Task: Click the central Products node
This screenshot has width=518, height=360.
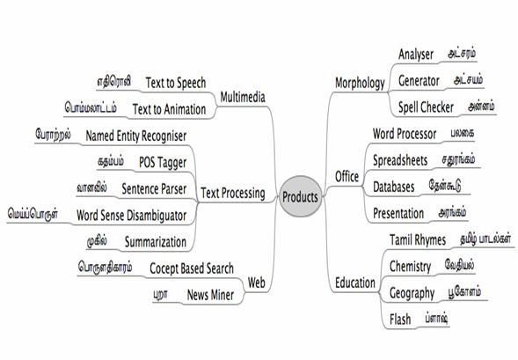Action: pyautogui.click(x=300, y=196)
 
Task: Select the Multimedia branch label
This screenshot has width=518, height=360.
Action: pyautogui.click(x=243, y=97)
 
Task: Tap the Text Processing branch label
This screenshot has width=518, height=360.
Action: pyautogui.click(x=233, y=193)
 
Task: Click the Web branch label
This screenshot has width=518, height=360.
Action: pyautogui.click(x=256, y=283)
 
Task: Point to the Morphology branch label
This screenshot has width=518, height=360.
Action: pyautogui.click(x=360, y=83)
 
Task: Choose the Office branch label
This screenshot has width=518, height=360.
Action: pyautogui.click(x=347, y=176)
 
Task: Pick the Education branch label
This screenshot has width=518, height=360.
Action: pyautogui.click(x=355, y=283)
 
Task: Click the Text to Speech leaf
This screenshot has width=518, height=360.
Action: pyautogui.click(x=176, y=83)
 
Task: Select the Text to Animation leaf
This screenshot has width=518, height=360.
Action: pyautogui.click(x=169, y=109)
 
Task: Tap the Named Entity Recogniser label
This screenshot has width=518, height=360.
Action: pyautogui.click(x=136, y=136)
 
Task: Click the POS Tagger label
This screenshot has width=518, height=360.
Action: pyautogui.click(x=163, y=162)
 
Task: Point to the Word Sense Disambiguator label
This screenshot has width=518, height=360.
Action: pyautogui.click(x=132, y=216)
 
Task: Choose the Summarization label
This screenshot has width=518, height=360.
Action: pyautogui.click(x=156, y=242)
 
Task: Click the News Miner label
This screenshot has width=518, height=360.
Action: pyautogui.click(x=210, y=295)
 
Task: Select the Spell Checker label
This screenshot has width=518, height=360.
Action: pyautogui.click(x=426, y=107)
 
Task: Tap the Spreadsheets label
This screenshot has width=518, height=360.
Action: pyautogui.click(x=400, y=160)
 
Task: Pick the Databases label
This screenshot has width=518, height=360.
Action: pyautogui.click(x=393, y=187)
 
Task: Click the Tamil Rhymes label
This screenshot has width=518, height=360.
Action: pyautogui.click(x=418, y=240)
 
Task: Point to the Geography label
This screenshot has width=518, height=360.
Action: pyautogui.click(x=412, y=293)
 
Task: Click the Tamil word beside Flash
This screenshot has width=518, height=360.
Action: pyautogui.click(x=436, y=319)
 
